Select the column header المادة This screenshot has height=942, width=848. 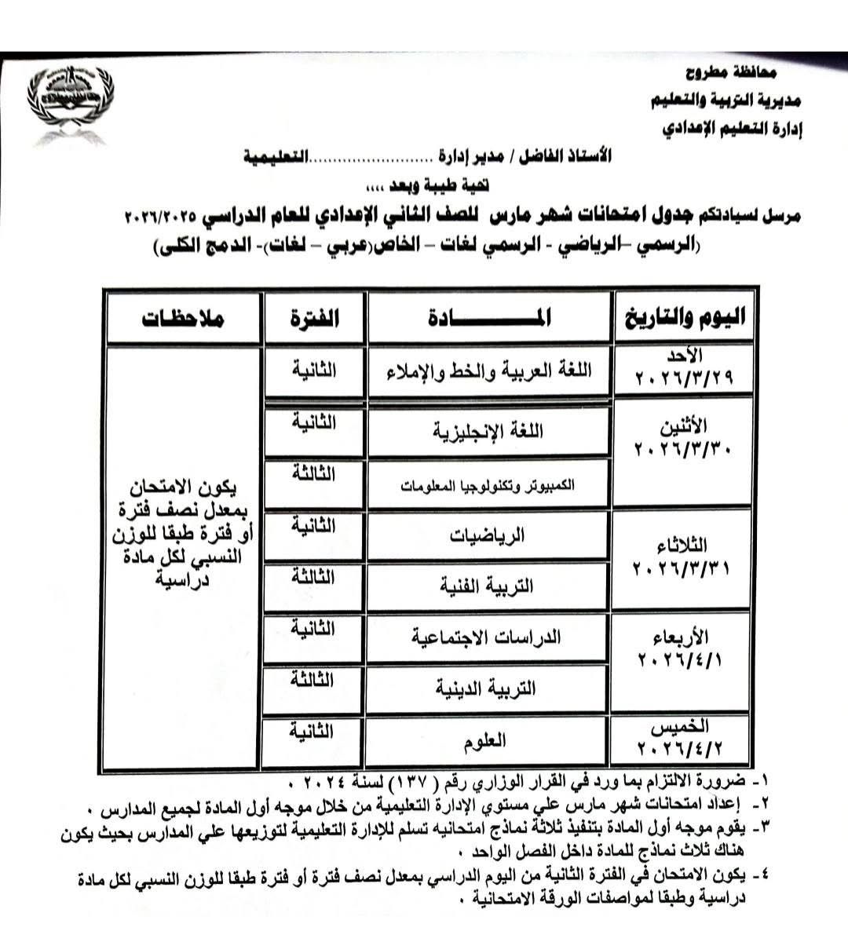[490, 318]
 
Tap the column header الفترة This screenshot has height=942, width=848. [315, 318]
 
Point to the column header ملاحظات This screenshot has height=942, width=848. [183, 318]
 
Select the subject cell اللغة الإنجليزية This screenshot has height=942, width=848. [490, 431]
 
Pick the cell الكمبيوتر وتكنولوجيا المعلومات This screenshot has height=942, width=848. [490, 485]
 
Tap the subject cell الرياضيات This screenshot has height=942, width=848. [490, 535]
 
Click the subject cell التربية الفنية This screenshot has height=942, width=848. [490, 586]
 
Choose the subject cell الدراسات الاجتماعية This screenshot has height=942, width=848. [490, 637]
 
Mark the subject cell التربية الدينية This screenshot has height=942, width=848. [490, 688]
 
